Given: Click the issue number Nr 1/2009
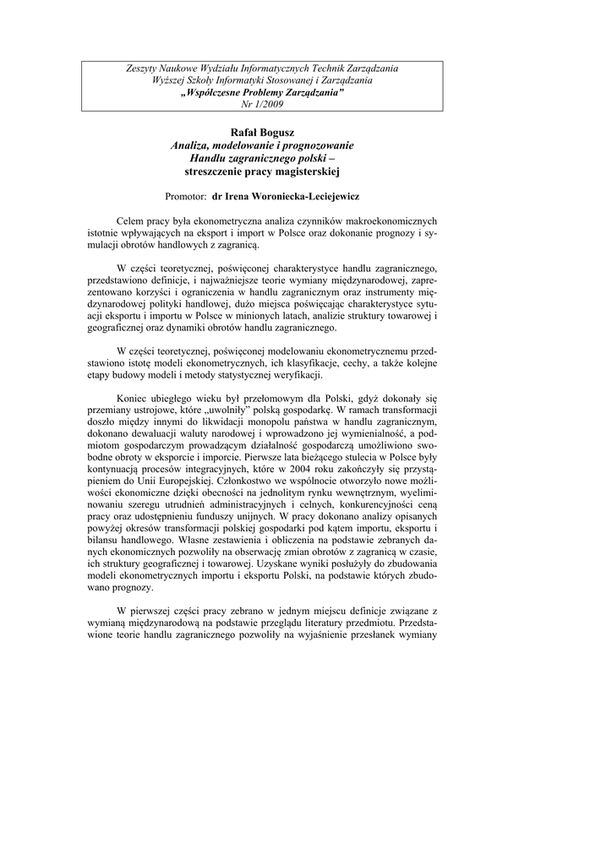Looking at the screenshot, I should pos(262,104).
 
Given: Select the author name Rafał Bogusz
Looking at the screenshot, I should pos(262,133).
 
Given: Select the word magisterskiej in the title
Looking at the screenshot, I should pos(303,171).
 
